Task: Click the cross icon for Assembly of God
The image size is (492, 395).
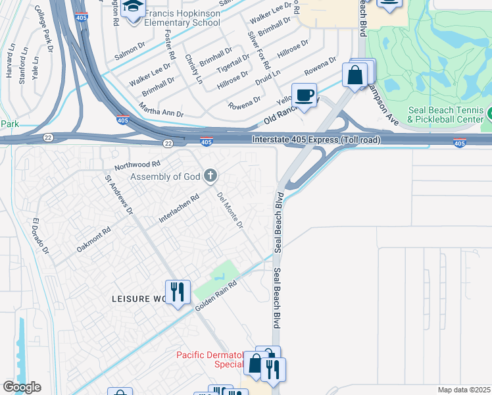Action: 210,175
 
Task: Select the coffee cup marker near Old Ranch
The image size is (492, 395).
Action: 305,95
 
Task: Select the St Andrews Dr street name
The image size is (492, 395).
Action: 119,196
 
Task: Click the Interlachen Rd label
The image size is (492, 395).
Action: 179,208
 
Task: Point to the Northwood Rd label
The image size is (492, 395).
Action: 137,164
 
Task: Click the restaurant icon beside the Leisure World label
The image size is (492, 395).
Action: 177,291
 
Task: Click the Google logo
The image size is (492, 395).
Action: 22,387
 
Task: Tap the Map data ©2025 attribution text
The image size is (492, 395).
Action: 464,390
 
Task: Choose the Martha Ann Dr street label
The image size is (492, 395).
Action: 162,109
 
